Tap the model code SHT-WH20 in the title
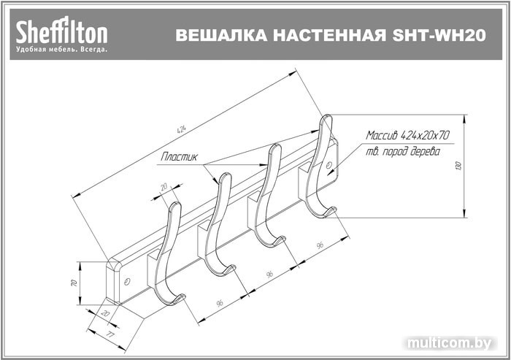click(x=439, y=35)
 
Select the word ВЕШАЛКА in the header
click(x=222, y=35)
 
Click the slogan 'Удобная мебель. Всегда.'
click(x=61, y=50)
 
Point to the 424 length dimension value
click(x=182, y=129)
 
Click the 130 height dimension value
click(x=459, y=166)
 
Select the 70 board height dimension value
click(x=74, y=283)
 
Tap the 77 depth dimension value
click(x=111, y=334)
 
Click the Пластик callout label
click(x=180, y=157)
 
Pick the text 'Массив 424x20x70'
click(x=407, y=135)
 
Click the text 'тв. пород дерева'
click(x=403, y=152)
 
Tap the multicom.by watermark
click(x=449, y=342)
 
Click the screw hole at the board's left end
click(x=127, y=281)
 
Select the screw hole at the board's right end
click(x=328, y=165)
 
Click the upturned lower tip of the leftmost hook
click(x=181, y=297)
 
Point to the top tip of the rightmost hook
click(x=327, y=116)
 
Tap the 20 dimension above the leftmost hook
click(x=164, y=187)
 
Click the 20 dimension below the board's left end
click(x=105, y=313)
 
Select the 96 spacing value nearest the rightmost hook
click(x=320, y=245)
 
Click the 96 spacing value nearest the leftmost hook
click(x=220, y=303)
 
